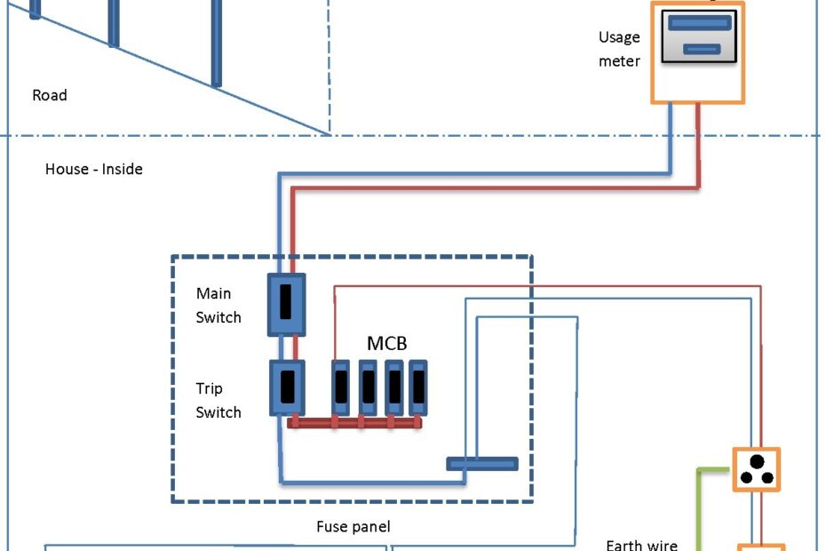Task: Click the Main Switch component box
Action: point(287,304)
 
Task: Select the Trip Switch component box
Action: point(287,388)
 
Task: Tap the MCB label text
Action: point(387,343)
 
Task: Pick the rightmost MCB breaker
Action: point(417,387)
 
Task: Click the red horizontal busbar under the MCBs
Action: point(355,424)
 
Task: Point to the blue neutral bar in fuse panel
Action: point(481,463)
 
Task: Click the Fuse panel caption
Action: point(353,527)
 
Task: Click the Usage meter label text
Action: point(619,49)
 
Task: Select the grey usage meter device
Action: point(699,37)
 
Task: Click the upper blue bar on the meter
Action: point(699,24)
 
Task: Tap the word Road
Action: point(50,95)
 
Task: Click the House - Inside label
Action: point(94,168)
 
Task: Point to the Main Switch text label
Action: point(218,305)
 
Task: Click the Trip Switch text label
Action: point(218,400)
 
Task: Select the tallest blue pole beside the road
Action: point(216,43)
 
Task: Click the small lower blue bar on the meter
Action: point(702,50)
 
